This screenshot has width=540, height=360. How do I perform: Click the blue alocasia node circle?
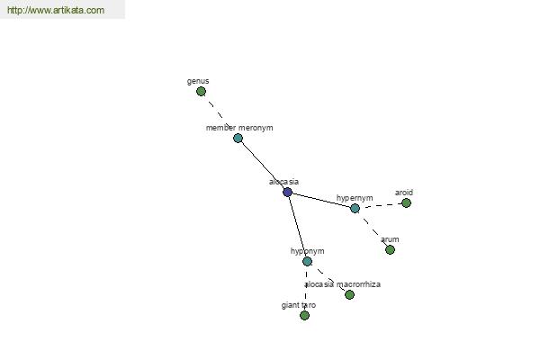point(288,193)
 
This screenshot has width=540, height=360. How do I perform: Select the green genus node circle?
point(201,91)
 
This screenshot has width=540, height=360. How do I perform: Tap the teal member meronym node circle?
point(238,138)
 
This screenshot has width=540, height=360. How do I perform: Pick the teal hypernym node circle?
point(355,208)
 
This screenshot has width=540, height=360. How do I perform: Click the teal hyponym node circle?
point(307,262)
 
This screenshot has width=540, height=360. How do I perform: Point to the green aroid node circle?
point(407,202)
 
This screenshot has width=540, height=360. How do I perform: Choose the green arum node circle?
point(390,250)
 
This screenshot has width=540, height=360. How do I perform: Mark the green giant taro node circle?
point(304,315)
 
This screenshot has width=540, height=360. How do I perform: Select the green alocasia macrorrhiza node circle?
point(349,294)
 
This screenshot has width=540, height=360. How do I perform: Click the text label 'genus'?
point(198,81)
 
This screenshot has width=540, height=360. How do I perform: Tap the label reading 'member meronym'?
point(239,128)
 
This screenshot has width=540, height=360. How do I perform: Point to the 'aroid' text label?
point(404,193)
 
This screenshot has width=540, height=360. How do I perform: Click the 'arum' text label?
point(390,239)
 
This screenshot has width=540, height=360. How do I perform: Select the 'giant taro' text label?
point(299,305)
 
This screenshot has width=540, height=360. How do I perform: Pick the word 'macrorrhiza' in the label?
point(358,284)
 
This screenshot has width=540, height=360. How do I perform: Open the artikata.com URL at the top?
point(56,10)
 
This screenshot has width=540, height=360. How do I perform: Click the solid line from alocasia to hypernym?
point(321,200)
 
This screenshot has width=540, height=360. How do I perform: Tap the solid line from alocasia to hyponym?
point(297,227)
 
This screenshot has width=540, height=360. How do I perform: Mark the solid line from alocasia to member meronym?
point(263,165)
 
